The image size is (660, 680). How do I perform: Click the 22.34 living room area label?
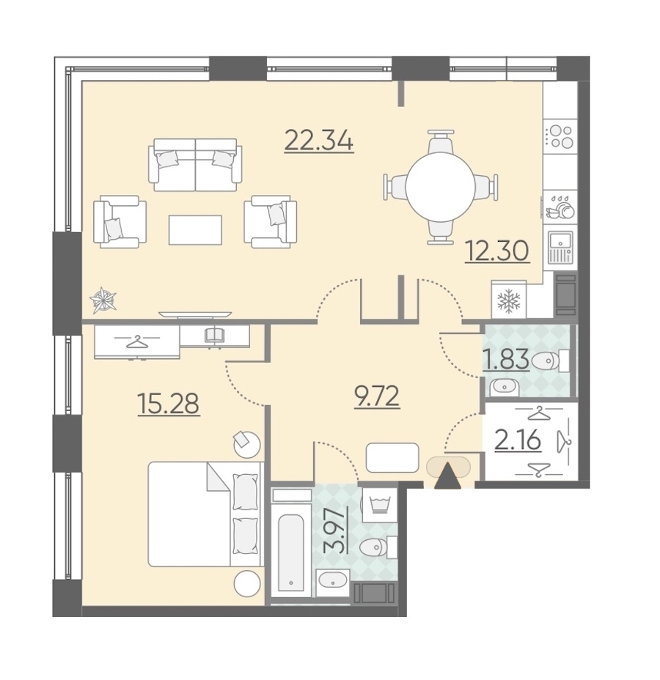point(319,141)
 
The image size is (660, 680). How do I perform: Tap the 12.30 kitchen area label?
point(497,251)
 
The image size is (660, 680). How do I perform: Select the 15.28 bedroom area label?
point(169,403)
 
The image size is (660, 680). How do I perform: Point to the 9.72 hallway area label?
point(377,396)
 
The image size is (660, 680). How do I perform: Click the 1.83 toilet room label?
point(507,360)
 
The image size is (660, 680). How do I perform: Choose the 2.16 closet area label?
point(518,440)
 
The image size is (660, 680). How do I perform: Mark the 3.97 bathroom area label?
point(336,531)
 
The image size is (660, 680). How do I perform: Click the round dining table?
point(441,187)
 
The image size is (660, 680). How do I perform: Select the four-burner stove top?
point(561,136)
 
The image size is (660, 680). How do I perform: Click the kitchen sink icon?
point(560,247)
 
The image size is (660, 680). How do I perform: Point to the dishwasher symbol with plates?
point(560,207)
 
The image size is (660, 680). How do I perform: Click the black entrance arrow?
point(448,476)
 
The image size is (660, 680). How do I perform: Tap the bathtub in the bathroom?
point(290,553)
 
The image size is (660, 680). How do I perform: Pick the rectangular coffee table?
point(195,230)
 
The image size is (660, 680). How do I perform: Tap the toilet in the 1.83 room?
point(550,361)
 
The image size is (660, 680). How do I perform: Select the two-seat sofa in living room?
point(195,165)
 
